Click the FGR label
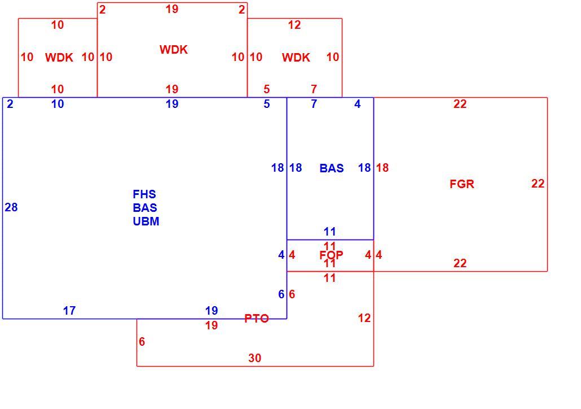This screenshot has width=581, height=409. pos(461,184)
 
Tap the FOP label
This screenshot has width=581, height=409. pos(331,255)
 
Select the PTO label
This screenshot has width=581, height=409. pos(257,319)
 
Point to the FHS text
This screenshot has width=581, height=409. pos(144,194)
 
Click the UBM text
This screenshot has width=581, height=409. pos(146,221)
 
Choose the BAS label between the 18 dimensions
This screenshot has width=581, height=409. pos(332,168)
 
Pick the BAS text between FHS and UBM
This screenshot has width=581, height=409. pos(145,207)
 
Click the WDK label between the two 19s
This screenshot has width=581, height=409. pos(174,49)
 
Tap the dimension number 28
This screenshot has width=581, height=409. pos(11,207)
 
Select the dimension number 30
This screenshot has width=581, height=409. pos(254,358)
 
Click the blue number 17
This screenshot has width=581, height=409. pos(69,310)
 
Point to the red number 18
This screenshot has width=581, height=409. pos(382,168)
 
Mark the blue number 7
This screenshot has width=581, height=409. pos(314,104)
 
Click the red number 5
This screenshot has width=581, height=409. pos(266,89)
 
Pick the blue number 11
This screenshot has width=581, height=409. pos(330,232)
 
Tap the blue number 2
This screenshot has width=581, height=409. pos(10,104)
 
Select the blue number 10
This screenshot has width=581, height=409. pos(58,104)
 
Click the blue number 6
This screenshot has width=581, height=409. pos(281,294)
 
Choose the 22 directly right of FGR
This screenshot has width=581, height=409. pos(538,184)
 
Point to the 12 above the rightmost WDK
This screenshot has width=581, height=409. pos(294,25)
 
